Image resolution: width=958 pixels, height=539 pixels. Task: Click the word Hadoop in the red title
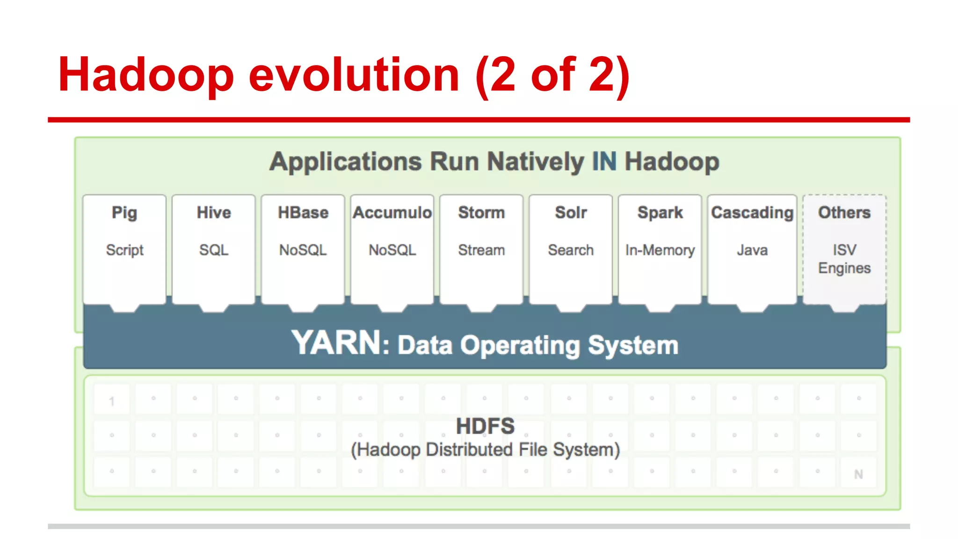[145, 75]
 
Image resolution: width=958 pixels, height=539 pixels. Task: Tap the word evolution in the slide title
[354, 75]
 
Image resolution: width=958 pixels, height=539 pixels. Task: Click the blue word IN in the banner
[604, 162]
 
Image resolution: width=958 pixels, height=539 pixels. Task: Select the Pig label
[124, 213]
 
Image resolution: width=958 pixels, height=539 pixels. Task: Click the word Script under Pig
[124, 250]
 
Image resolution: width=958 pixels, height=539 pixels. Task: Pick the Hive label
[214, 212]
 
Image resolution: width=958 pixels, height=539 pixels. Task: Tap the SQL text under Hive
[214, 250]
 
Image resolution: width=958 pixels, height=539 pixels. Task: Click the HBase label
[303, 212]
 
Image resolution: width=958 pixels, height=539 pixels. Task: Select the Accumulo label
[392, 212]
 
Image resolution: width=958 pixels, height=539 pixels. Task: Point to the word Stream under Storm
[481, 250]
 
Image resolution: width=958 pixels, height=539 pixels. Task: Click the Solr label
[571, 212]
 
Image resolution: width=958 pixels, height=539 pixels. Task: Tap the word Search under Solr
[571, 250]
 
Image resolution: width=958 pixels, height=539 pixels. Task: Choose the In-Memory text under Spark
[660, 250]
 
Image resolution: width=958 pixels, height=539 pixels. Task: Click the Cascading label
[752, 212]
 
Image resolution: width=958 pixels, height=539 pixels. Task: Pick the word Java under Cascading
[752, 250]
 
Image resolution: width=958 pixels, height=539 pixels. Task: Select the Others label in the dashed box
[844, 212]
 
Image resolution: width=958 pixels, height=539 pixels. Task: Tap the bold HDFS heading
[485, 426]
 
